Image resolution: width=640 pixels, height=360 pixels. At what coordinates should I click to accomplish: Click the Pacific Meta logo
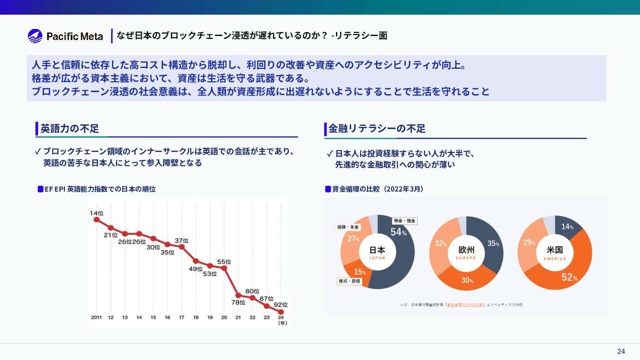click(x=65, y=36)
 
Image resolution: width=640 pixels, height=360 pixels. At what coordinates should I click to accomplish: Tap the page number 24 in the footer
click(x=621, y=352)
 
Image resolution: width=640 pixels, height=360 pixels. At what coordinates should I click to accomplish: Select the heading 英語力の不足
click(x=70, y=129)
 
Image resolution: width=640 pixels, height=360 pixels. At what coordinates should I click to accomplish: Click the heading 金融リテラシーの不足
click(x=377, y=129)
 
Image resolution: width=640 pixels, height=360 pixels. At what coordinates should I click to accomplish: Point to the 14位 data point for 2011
click(x=96, y=219)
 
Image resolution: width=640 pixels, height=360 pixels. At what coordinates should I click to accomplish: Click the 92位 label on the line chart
click(x=280, y=305)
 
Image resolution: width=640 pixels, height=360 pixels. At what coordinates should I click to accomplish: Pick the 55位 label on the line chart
click(x=224, y=262)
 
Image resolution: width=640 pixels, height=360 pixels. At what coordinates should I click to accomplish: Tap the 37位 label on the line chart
click(x=181, y=240)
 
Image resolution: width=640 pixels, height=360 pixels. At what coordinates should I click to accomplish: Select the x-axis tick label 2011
click(x=96, y=317)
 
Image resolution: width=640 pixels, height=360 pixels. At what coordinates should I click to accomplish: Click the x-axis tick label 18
click(x=196, y=317)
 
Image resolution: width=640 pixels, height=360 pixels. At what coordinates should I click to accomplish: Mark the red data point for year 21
click(x=238, y=295)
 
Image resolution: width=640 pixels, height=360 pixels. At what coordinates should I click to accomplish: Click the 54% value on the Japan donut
click(x=398, y=232)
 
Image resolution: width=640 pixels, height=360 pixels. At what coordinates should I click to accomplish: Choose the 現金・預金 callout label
click(x=404, y=221)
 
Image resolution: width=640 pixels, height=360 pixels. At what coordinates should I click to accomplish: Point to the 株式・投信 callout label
click(x=349, y=281)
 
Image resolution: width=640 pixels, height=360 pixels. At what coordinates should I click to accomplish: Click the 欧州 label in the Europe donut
click(x=466, y=250)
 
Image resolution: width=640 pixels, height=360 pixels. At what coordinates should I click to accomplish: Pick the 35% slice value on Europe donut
click(x=493, y=244)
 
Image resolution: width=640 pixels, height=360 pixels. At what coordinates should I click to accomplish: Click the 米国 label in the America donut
click(x=555, y=250)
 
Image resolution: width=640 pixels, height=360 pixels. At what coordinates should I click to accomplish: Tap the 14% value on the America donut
click(x=567, y=227)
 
